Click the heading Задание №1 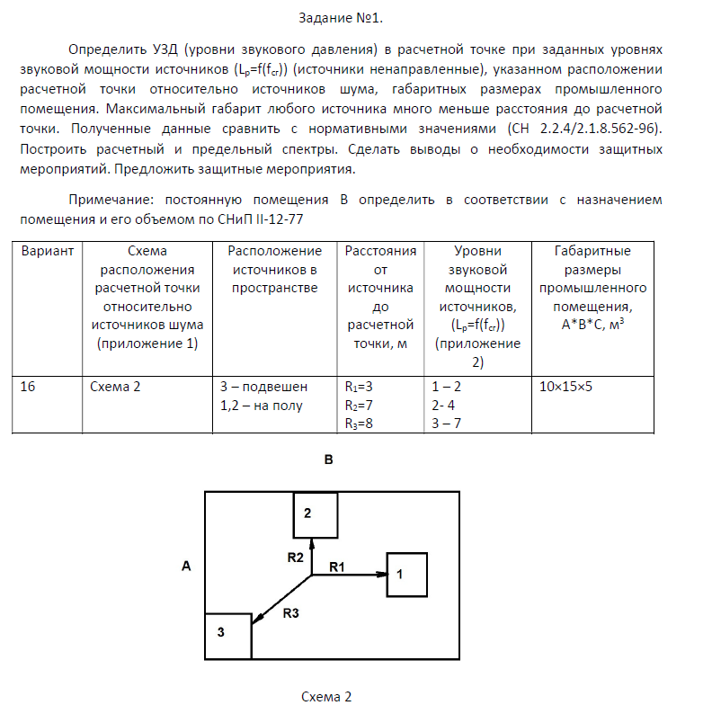click(356, 16)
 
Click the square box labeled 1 click(406, 575)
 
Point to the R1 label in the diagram click(336, 567)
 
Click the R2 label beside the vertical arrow click(295, 557)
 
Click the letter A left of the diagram click(186, 566)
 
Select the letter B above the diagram click(329, 460)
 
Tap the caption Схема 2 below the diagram click(326, 697)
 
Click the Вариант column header click(47, 252)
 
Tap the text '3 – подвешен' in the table click(263, 387)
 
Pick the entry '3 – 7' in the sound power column click(447, 423)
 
